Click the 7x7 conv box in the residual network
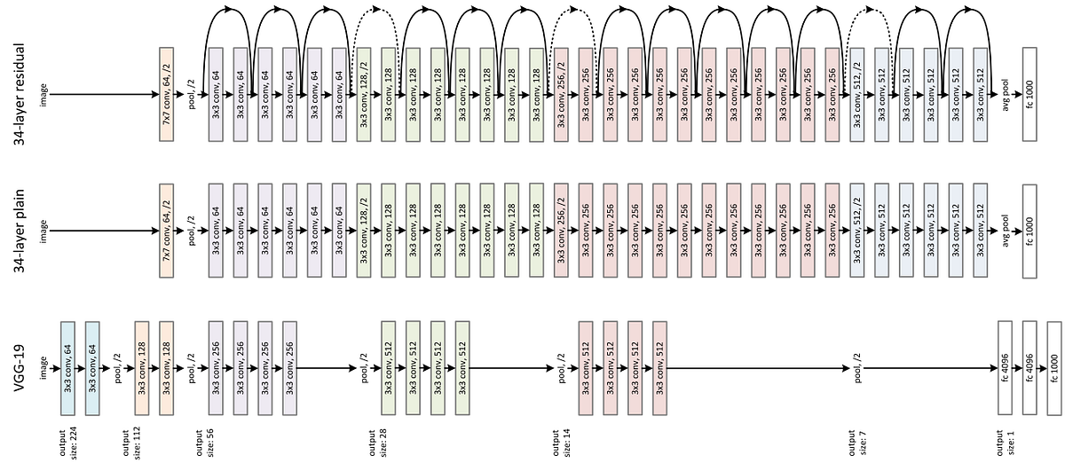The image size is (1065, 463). [166, 93]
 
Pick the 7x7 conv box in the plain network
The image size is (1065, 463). [166, 231]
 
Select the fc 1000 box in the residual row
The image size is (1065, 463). [1029, 93]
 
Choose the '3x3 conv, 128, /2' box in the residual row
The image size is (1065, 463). [364, 93]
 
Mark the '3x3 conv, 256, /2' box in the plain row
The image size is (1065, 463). [561, 231]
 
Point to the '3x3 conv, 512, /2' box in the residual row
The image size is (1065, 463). [856, 93]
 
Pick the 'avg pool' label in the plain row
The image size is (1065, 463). [1006, 231]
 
